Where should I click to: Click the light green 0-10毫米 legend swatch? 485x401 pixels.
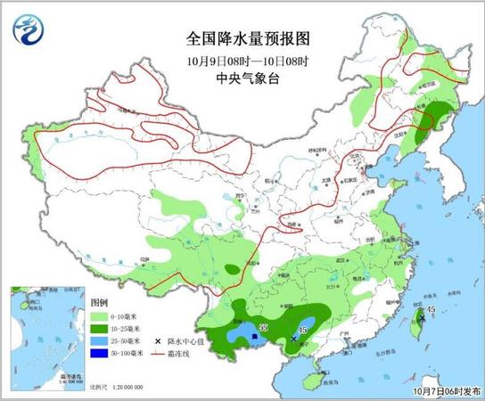[x=99, y=316]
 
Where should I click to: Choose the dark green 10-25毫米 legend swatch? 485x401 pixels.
[x=99, y=329]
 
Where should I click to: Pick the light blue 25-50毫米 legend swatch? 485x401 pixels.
[x=99, y=341]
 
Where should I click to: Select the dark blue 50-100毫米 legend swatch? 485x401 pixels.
[x=99, y=354]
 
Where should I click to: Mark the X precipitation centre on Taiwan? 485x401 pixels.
[x=421, y=318]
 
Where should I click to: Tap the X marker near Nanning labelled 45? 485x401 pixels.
[x=293, y=339]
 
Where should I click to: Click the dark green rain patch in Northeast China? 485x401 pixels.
[x=435, y=116]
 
